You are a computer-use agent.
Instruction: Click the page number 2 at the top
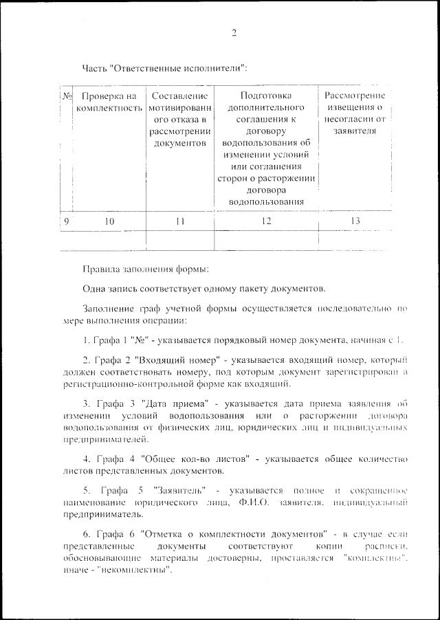234,34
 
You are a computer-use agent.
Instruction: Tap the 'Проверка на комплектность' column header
109,102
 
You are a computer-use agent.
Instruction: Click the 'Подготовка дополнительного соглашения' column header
266,148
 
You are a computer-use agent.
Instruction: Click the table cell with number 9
67,221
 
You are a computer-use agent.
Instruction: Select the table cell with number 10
109,221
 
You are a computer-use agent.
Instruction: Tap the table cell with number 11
180,221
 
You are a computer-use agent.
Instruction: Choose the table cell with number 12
266,221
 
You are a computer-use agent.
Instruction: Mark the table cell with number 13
354,221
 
